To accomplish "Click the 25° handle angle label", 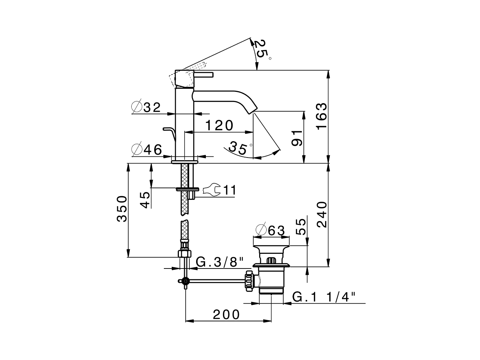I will pos(262,49).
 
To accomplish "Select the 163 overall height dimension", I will pos(321,116).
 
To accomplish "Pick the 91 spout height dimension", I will pos(297,138).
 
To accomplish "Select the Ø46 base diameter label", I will pos(147,150).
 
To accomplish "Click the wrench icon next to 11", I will pos(210,190).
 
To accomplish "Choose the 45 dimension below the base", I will pos(145,199).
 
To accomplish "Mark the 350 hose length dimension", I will pos(122,209).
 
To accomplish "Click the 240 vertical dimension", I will pos(321,214).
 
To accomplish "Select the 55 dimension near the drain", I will pos(301,227).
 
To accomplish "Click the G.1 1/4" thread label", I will pos(324,297).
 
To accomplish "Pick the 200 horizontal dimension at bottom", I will pos(226,314).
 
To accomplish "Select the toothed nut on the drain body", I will pos(249,280).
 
